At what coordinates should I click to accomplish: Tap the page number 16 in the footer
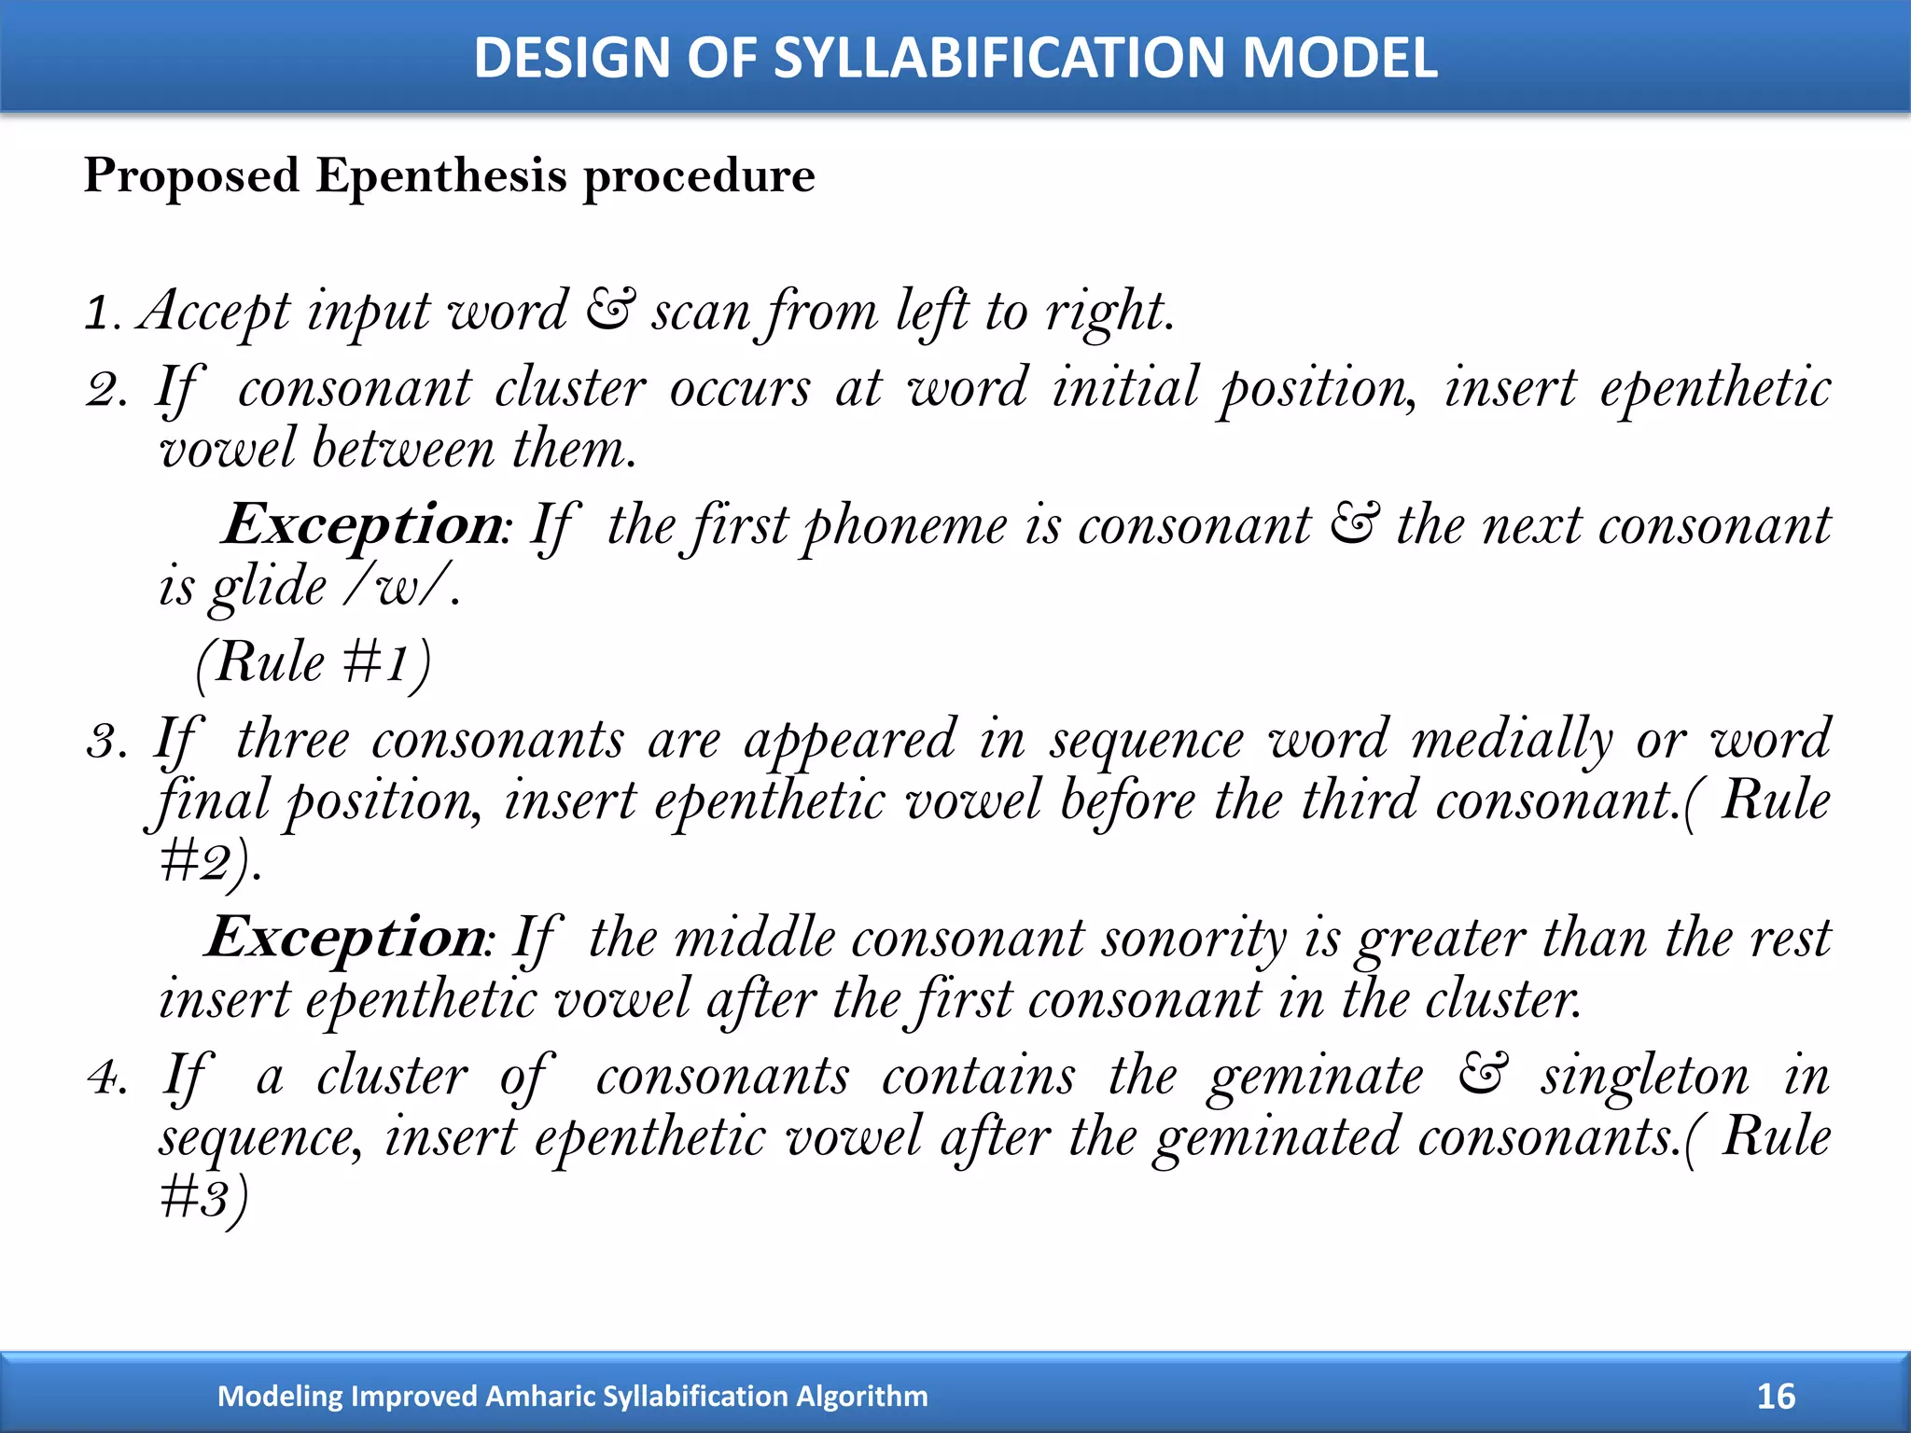pos(1775,1396)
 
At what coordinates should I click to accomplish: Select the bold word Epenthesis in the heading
pos(440,175)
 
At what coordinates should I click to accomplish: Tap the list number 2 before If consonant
pos(105,390)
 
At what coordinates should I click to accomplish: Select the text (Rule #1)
pos(314,664)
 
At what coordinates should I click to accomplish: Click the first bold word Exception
pos(364,525)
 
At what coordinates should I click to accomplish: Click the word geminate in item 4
pos(1316,1078)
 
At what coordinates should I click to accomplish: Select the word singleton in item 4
pos(1644,1078)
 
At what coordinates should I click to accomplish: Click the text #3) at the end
pos(203,1198)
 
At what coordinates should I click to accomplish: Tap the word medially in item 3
pos(1512,742)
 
